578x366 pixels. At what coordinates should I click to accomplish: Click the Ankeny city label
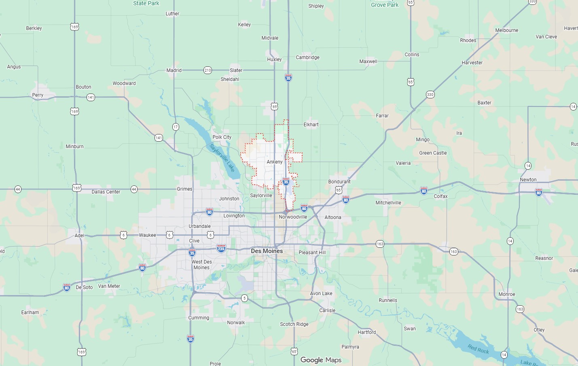click(275, 162)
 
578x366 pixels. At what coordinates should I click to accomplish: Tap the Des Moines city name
click(267, 251)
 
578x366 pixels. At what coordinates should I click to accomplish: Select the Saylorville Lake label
click(222, 157)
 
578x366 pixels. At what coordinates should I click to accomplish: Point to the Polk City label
click(222, 137)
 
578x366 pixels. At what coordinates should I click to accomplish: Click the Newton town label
click(528, 180)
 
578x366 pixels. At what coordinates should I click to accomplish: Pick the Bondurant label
click(339, 182)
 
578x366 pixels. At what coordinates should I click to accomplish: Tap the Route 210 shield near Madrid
click(207, 70)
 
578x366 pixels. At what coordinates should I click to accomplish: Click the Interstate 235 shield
click(221, 248)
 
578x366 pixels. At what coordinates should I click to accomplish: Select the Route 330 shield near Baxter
click(430, 95)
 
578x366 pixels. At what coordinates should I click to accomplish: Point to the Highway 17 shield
click(176, 127)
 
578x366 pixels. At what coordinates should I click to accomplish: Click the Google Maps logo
click(321, 360)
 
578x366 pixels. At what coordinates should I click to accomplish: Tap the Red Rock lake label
click(478, 349)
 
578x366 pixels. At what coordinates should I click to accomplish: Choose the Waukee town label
click(147, 235)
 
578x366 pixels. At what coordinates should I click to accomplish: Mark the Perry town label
click(38, 95)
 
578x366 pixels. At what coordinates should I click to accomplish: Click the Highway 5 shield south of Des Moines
click(244, 298)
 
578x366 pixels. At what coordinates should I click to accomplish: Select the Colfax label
click(440, 196)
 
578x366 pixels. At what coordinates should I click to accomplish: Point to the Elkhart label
click(311, 125)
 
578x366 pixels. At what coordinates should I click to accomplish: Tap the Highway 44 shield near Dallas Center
click(134, 189)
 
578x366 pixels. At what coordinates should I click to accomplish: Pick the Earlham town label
click(30, 313)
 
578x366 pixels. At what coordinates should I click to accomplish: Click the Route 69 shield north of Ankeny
click(275, 107)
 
